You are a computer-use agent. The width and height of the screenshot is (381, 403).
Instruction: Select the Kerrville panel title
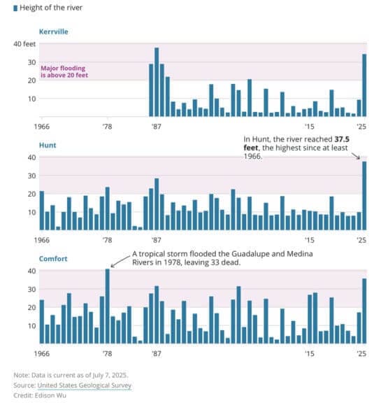tap(54, 32)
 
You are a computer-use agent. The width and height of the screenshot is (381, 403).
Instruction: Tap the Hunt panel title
tap(48, 145)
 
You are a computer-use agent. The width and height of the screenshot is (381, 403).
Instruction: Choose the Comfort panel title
tap(53, 258)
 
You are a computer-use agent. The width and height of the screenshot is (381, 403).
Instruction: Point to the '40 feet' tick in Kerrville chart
tap(24, 43)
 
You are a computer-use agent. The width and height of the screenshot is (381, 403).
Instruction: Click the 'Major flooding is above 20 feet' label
tap(64, 71)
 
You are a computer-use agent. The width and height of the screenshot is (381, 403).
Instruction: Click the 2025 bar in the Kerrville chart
tap(364, 85)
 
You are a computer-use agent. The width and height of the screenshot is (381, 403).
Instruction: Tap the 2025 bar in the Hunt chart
tap(364, 196)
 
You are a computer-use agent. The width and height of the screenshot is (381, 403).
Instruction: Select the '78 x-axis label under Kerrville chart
tap(107, 127)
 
